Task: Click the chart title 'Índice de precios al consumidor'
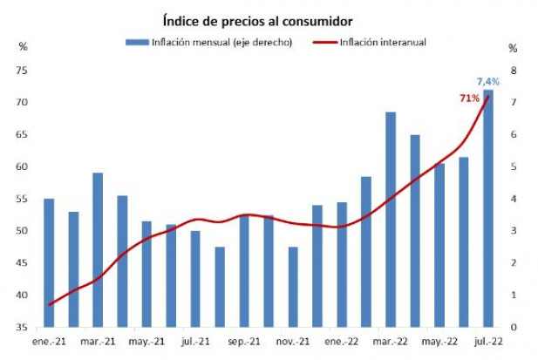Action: point(257,20)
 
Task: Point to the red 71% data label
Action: point(470,98)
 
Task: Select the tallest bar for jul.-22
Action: point(488,209)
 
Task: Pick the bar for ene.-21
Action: point(49,262)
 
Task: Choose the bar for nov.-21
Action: point(293,287)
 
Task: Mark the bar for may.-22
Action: point(439,245)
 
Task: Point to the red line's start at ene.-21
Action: point(50,304)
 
